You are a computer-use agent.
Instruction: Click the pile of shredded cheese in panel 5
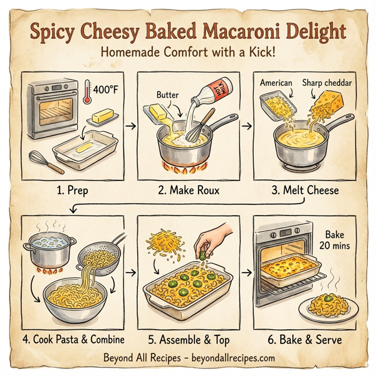[x=164, y=245]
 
